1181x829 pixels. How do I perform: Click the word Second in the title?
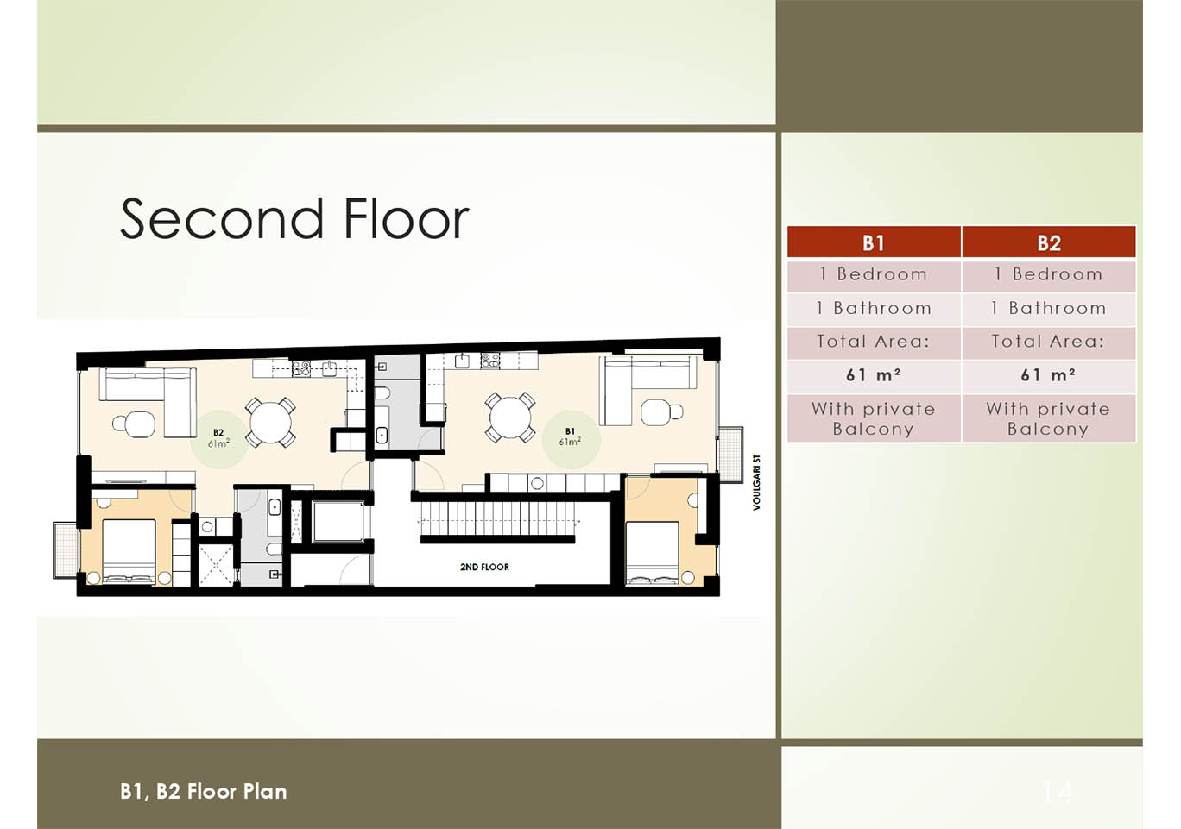[x=222, y=218]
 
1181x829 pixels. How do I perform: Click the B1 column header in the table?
[x=874, y=242]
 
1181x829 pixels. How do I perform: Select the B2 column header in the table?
[x=1049, y=242]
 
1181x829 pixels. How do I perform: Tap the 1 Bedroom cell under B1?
[x=874, y=274]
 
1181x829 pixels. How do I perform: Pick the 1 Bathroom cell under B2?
[x=1049, y=308]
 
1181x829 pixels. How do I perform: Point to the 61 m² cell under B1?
[x=874, y=375]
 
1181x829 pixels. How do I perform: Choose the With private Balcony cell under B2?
[x=1049, y=418]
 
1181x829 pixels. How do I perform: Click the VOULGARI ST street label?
[x=756, y=482]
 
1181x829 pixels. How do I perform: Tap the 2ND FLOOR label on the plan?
[x=484, y=568]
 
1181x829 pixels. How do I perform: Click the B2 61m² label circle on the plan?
[x=218, y=439]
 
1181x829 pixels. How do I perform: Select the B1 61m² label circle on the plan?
[x=571, y=439]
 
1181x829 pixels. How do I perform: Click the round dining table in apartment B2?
[x=270, y=423]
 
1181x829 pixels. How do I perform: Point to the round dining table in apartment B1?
[x=510, y=418]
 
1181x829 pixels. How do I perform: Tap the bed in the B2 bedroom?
[x=129, y=550]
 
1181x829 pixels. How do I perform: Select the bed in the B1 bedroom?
[x=652, y=554]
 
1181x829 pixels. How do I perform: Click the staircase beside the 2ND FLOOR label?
[x=497, y=518]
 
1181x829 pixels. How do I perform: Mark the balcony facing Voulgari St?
[x=730, y=454]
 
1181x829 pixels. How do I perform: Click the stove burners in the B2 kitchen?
[x=301, y=367]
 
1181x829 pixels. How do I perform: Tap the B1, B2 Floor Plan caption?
[x=204, y=792]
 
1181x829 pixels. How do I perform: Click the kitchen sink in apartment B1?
[x=463, y=361]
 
